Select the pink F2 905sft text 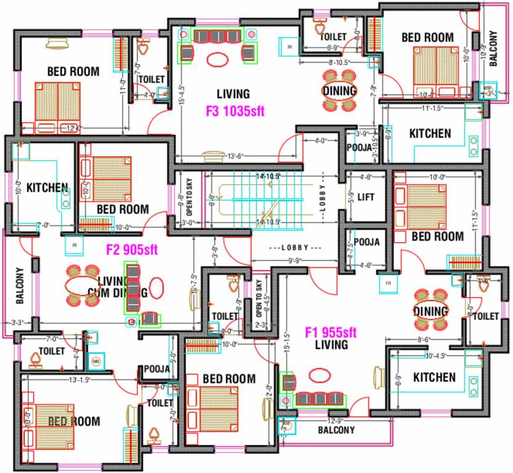132,250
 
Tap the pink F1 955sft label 331,332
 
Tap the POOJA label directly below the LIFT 366,242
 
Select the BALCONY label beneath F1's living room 336,430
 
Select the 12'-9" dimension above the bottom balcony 328,421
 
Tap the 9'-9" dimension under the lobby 295,260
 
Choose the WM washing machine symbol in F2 96,359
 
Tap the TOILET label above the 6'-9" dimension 333,37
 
